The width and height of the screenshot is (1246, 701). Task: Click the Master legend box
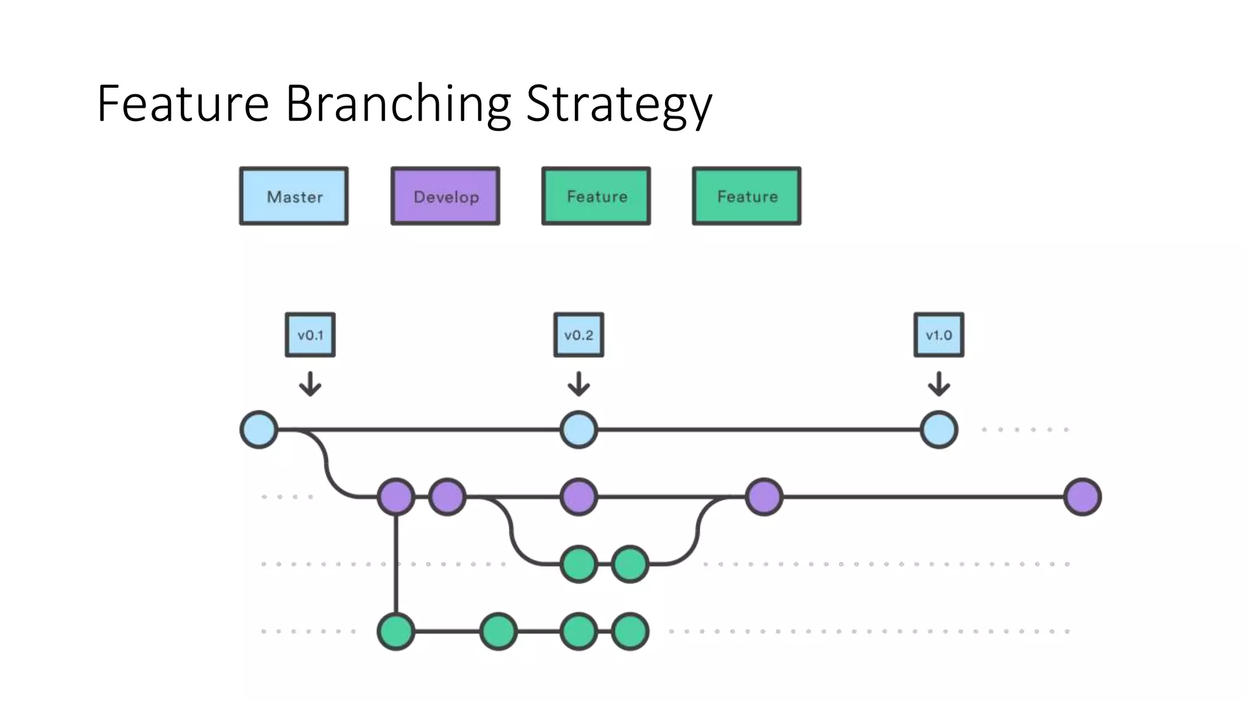(x=294, y=196)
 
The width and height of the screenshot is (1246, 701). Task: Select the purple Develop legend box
(x=445, y=196)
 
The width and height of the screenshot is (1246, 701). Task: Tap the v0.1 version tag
(x=310, y=335)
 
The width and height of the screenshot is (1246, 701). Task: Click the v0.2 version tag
(x=579, y=335)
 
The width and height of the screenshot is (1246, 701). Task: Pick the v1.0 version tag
(x=939, y=335)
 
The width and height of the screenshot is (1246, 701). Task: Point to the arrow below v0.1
(x=310, y=384)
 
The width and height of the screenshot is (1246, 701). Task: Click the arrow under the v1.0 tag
(x=939, y=384)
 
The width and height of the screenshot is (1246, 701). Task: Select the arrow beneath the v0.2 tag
(x=579, y=384)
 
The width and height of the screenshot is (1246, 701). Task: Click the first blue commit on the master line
(x=259, y=430)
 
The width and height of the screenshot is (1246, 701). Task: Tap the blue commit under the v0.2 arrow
(x=579, y=430)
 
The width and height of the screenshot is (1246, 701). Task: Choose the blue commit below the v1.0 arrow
(x=939, y=430)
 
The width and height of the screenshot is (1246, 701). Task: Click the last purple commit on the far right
(x=1083, y=497)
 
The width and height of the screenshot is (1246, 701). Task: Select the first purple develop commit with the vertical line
(x=396, y=497)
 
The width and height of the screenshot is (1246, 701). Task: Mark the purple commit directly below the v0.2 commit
(x=579, y=497)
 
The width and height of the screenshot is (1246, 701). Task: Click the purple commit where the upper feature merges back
(x=764, y=497)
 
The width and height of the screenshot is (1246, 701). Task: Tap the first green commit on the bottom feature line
(x=396, y=632)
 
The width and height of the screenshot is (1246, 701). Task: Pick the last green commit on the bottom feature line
(x=630, y=632)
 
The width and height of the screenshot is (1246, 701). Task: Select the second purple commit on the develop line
(x=447, y=497)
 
